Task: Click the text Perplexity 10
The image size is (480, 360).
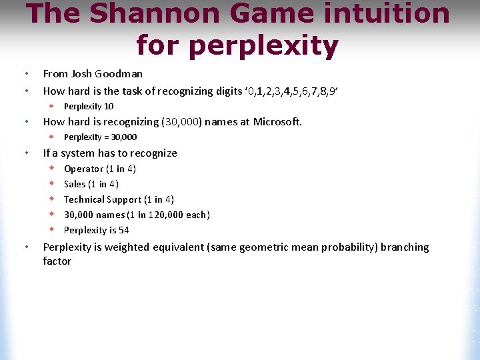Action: click(x=89, y=107)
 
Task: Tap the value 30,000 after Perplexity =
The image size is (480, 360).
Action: click(x=124, y=137)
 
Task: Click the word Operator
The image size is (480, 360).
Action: click(x=83, y=169)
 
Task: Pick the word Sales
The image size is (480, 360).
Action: click(x=75, y=185)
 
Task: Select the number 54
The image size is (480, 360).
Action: click(x=123, y=231)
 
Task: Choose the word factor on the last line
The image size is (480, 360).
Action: click(x=57, y=261)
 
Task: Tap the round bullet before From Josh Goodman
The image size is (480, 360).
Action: click(x=25, y=74)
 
